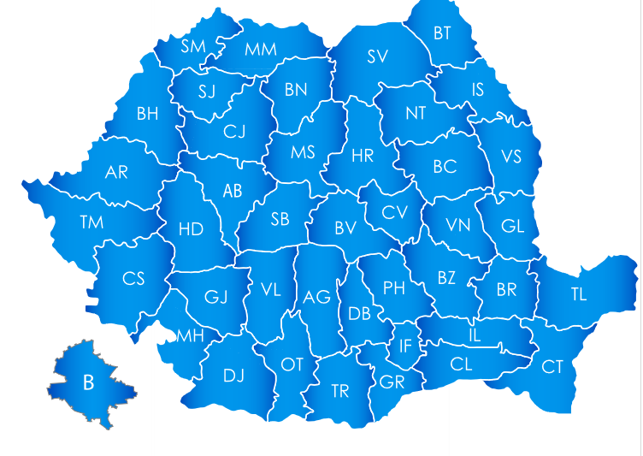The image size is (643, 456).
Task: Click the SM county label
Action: click(193, 46)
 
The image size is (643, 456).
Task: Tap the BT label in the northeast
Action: click(442, 33)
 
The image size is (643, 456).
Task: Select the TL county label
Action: click(579, 294)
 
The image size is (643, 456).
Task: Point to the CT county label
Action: click(552, 366)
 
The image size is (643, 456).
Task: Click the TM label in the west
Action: click(91, 222)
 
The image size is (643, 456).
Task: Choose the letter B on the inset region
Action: click(88, 382)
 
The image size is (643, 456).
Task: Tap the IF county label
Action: click(406, 346)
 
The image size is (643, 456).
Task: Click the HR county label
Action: click(363, 156)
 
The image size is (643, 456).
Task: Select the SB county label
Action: click(280, 219)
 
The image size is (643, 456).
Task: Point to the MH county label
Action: click(191, 335)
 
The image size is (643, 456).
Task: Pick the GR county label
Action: click(392, 382)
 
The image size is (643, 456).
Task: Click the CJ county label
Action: click(234, 132)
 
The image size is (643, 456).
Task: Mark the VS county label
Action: click(511, 157)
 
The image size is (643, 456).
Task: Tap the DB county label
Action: click(360, 314)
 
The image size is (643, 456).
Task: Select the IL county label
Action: click(475, 335)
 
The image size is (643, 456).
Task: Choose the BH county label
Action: click(147, 113)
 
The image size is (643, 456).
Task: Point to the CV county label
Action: click(394, 212)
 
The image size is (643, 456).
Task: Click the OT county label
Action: click(292, 364)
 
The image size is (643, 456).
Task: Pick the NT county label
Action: click(416, 113)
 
